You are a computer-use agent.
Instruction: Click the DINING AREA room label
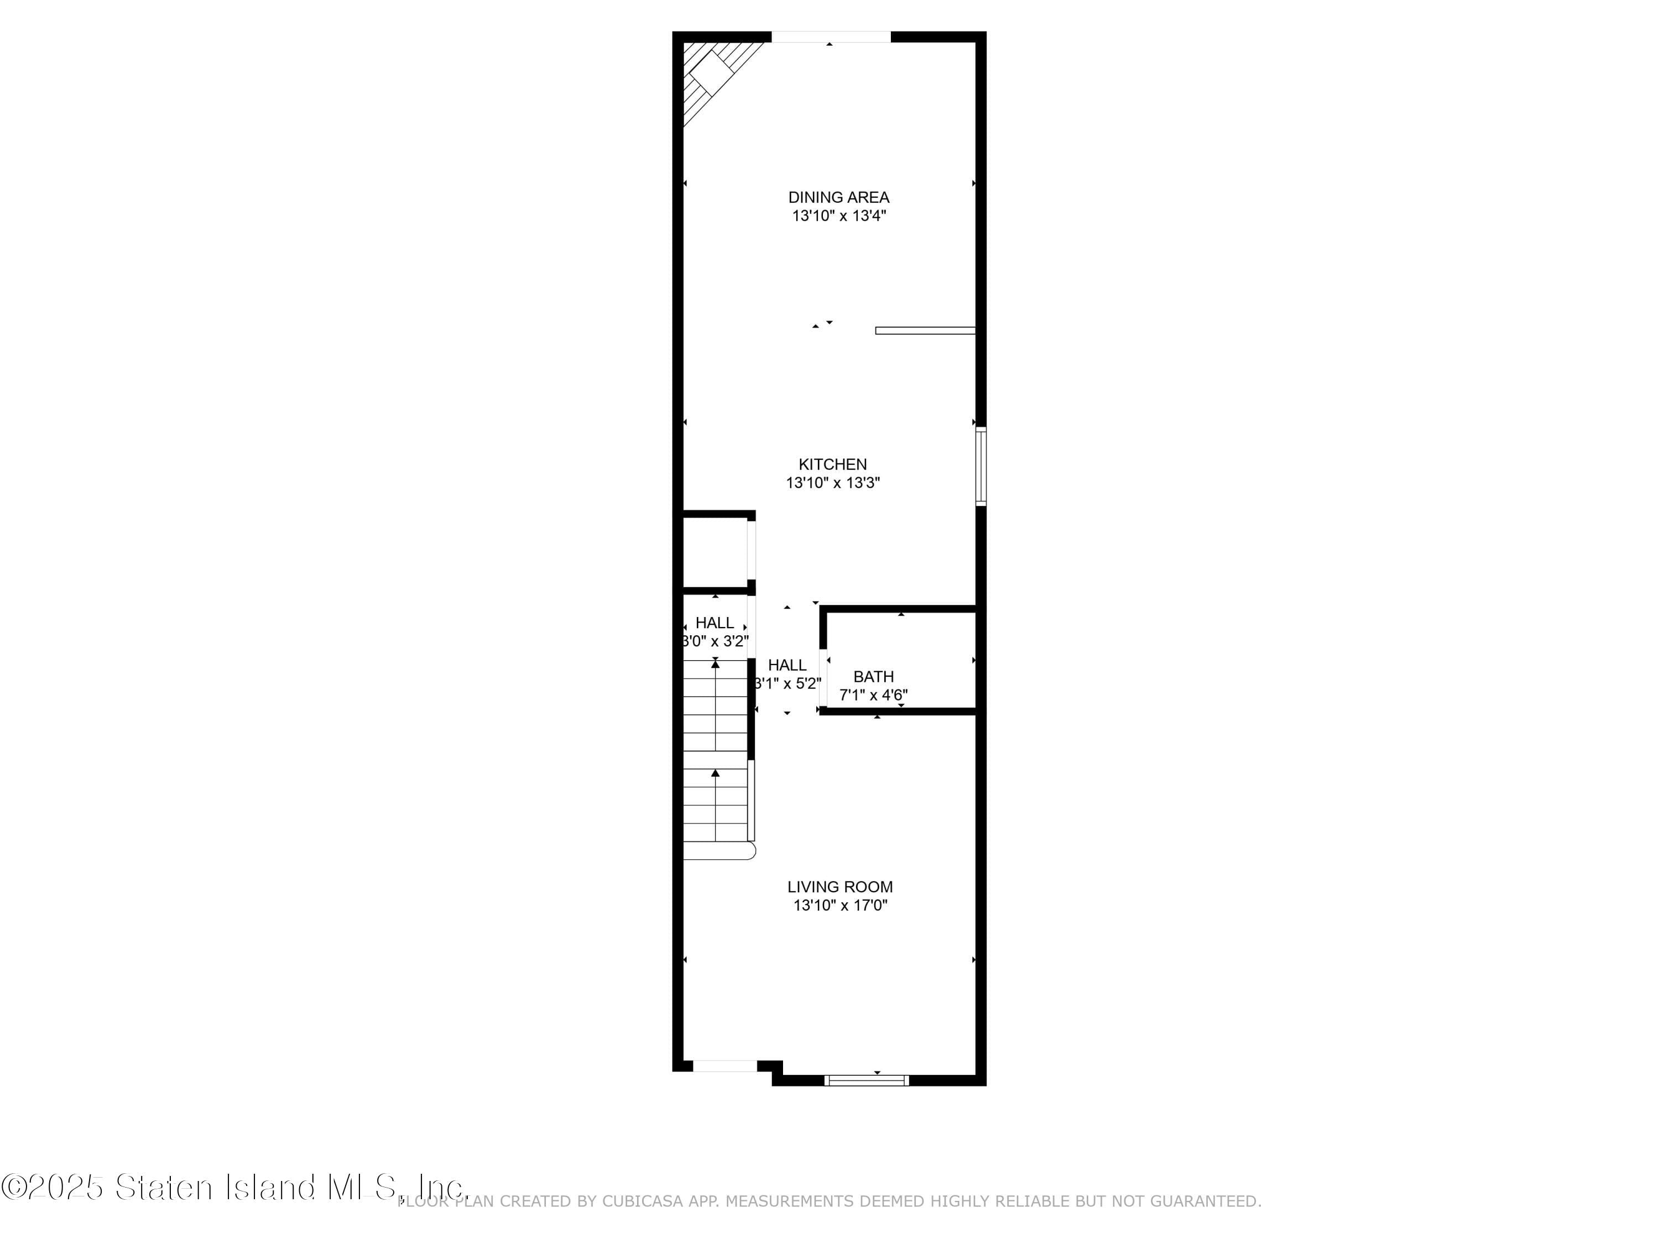[x=838, y=197]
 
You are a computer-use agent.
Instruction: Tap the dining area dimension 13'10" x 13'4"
[x=838, y=216]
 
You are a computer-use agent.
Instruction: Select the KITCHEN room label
[x=832, y=464]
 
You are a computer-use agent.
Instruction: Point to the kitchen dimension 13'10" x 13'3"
[x=832, y=483]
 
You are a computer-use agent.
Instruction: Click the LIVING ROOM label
[x=840, y=887]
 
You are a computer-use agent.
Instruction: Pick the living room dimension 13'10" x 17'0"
[x=840, y=906]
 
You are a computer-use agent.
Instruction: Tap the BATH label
[x=874, y=676]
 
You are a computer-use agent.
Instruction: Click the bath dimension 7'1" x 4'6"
[x=874, y=695]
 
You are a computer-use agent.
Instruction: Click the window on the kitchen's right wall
[x=980, y=467]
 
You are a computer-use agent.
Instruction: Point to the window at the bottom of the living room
[x=866, y=1080]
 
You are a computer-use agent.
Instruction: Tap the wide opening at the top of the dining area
[x=831, y=36]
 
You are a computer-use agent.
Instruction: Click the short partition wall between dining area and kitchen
[x=925, y=331]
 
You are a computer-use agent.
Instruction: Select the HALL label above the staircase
[x=714, y=623]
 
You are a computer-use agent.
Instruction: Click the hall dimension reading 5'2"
[x=787, y=684]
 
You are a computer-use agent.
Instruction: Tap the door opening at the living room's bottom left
[x=724, y=1067]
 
